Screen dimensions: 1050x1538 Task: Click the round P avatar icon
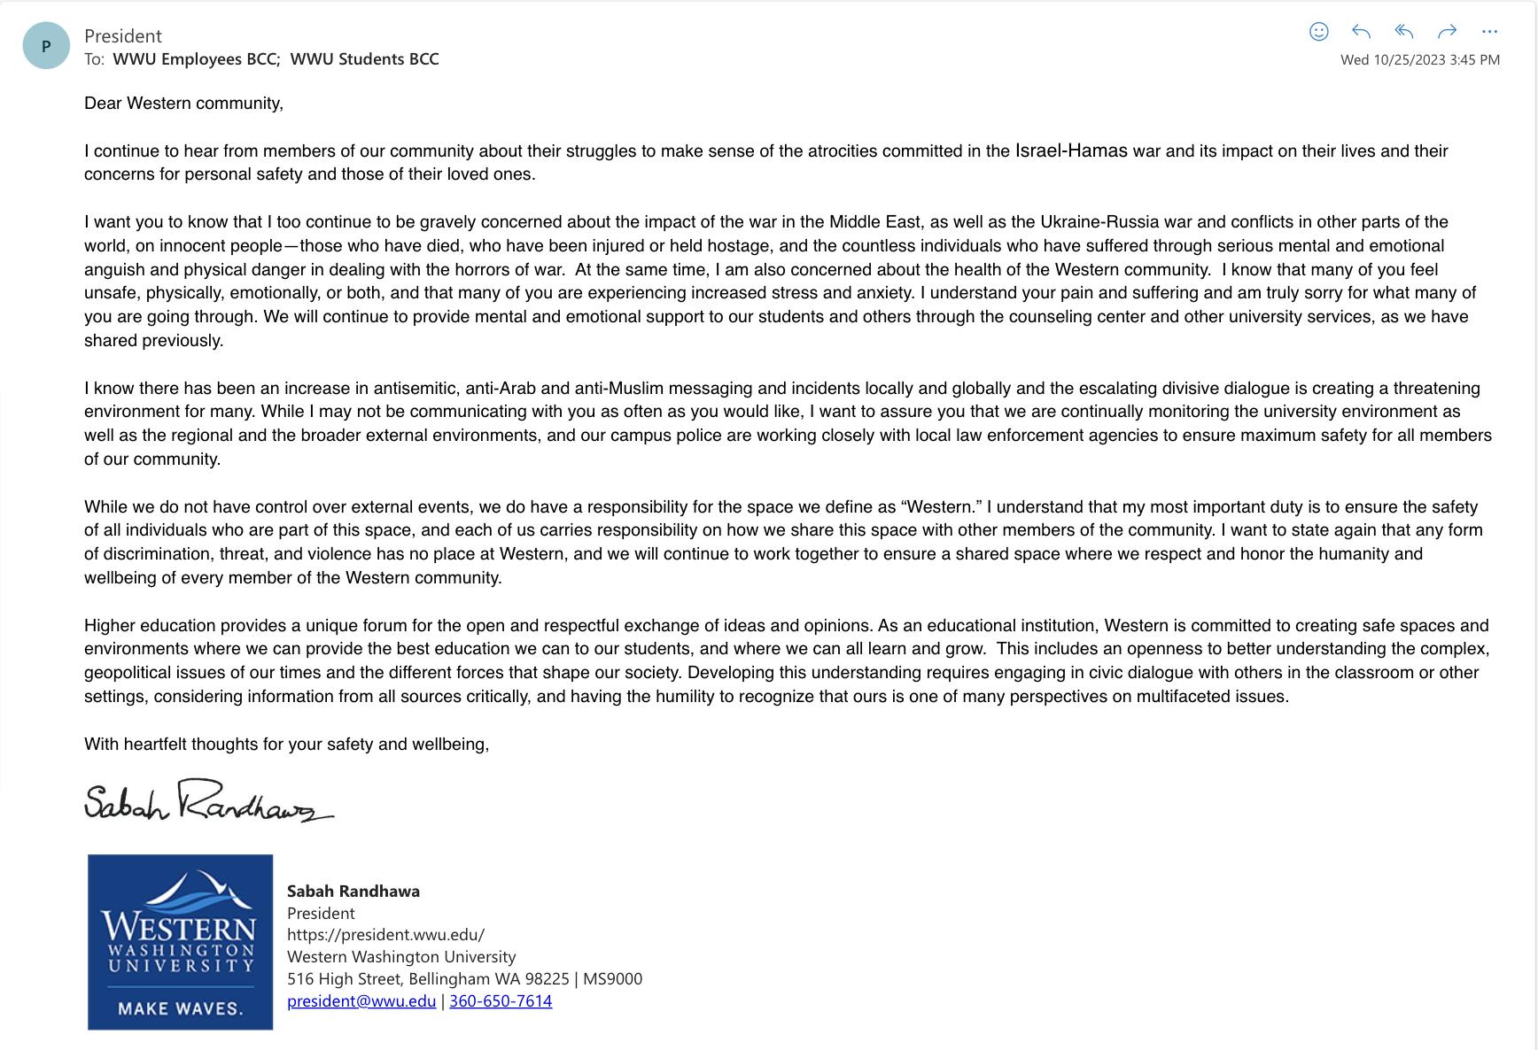pyautogui.click(x=46, y=46)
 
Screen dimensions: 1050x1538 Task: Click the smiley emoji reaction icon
pyautogui.click(x=1318, y=32)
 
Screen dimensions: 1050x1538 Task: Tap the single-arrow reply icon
pyautogui.click(x=1361, y=32)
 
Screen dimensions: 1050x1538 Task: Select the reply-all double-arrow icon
pyautogui.click(x=1403, y=32)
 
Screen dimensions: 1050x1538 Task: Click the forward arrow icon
pyautogui.click(x=1447, y=32)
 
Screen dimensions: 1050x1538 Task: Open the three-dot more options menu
pyautogui.click(x=1489, y=32)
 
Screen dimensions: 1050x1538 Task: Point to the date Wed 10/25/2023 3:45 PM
pyautogui.click(x=1419, y=60)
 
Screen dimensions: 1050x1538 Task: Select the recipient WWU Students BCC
pyautogui.click(x=364, y=59)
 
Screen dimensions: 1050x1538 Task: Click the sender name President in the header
pyautogui.click(x=123, y=36)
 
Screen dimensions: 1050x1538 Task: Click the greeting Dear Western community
pyautogui.click(x=183, y=104)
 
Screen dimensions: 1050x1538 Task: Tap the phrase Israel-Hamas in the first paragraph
pyautogui.click(x=1071, y=151)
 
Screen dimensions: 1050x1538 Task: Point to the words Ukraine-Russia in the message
pyautogui.click(x=1099, y=222)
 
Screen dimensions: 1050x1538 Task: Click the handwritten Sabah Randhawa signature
pyautogui.click(x=209, y=801)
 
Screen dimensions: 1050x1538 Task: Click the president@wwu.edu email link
pyautogui.click(x=361, y=1001)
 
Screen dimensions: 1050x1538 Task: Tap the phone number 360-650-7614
pyautogui.click(x=501, y=1001)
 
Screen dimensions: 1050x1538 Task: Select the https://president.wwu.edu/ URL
pyautogui.click(x=385, y=935)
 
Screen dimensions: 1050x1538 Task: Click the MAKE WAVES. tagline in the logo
pyautogui.click(x=180, y=1008)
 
